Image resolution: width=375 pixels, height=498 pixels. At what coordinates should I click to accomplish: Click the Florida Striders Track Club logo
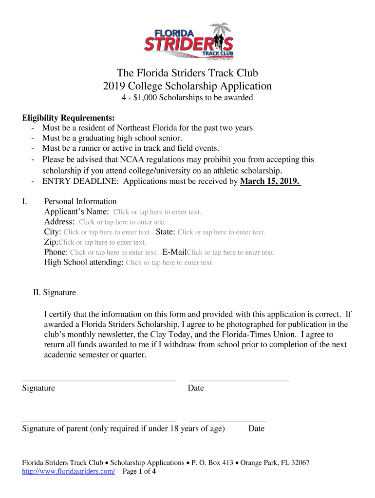click(188, 42)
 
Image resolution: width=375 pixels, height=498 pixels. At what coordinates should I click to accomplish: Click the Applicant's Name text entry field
click(157, 212)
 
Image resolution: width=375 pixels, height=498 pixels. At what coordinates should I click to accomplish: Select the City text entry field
click(107, 232)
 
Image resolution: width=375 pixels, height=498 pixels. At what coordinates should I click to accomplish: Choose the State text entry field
click(221, 232)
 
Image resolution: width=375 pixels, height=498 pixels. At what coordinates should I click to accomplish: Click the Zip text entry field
click(102, 243)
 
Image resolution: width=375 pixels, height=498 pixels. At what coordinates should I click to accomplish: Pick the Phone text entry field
click(114, 253)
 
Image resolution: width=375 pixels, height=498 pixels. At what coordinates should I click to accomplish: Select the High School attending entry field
click(169, 263)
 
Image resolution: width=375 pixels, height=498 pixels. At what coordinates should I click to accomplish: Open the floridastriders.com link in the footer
click(68, 472)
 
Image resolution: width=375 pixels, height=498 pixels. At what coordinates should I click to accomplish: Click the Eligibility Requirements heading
click(69, 118)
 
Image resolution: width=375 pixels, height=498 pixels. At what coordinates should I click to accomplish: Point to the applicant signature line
click(99, 379)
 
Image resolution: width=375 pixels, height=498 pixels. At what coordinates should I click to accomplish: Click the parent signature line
click(99, 420)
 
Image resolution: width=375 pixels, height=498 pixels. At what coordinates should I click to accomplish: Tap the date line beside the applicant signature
click(240, 379)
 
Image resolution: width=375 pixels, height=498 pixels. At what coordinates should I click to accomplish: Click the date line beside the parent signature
click(227, 420)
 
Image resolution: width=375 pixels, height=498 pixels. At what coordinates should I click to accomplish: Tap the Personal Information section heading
click(80, 201)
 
